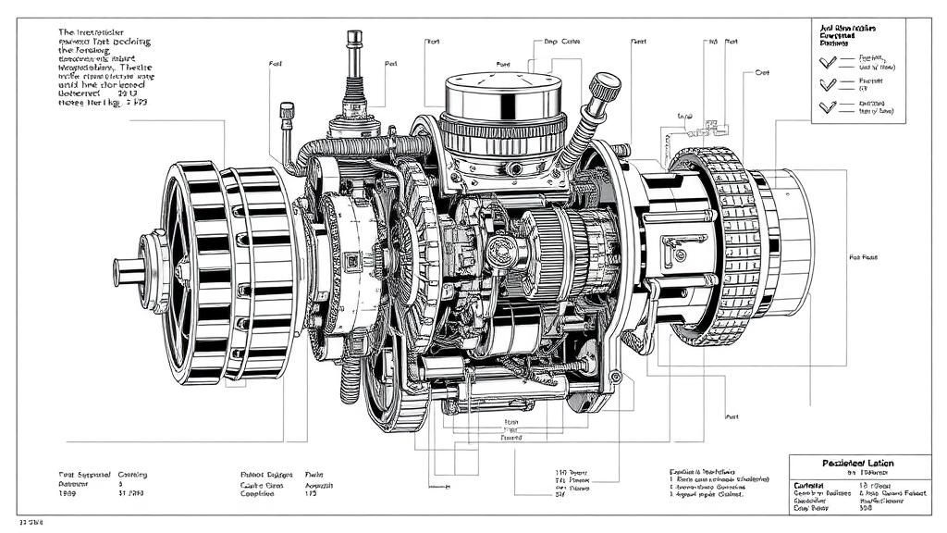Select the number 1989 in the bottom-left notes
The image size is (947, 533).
point(68,494)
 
